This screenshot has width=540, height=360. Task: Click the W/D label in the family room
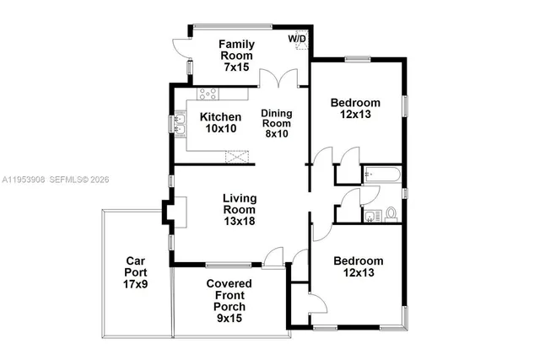(297, 39)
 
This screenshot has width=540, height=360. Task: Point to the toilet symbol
(391, 213)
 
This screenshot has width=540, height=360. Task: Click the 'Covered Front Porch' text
(226, 295)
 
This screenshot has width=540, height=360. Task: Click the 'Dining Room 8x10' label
(275, 123)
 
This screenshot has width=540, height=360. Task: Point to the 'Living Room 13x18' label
(239, 210)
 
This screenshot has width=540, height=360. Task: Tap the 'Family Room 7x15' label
(237, 55)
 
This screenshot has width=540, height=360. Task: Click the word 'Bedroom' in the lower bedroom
(358, 261)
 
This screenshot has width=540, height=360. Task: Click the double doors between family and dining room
(279, 79)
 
